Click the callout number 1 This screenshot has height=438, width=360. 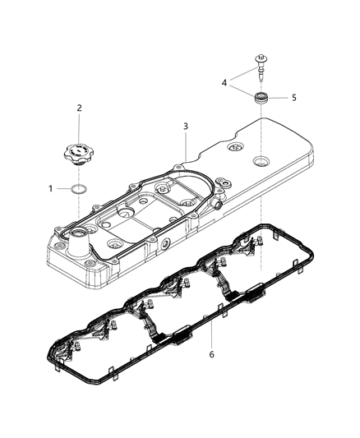50,188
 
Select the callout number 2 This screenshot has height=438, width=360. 80,108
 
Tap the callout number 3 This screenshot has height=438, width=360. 186,127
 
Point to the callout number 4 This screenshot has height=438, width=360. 223,82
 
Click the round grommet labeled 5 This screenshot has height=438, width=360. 263,99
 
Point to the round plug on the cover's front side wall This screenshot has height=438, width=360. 165,244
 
